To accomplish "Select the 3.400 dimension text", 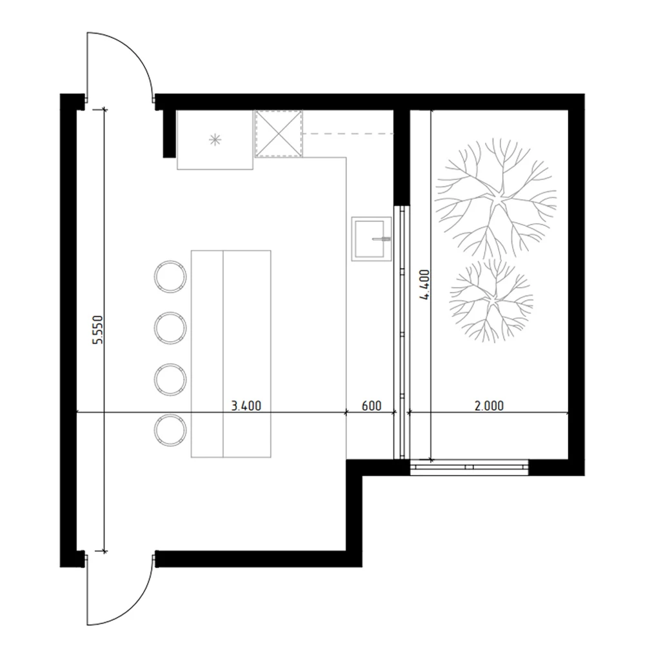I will point(246,406).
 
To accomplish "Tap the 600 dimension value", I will point(371,406).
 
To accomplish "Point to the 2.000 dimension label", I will point(489,406).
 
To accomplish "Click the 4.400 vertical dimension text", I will point(424,285).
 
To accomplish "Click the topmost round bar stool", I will point(170,276).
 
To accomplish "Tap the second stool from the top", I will point(170,327).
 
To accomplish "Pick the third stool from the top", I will point(170,379).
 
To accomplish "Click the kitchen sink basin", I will point(371,239).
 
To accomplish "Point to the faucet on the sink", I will point(382,239).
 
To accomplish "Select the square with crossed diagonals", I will point(279,134).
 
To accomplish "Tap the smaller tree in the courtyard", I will point(490,300).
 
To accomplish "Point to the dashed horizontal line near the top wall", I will point(348,134).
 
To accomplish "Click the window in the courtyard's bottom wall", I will point(470,466).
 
